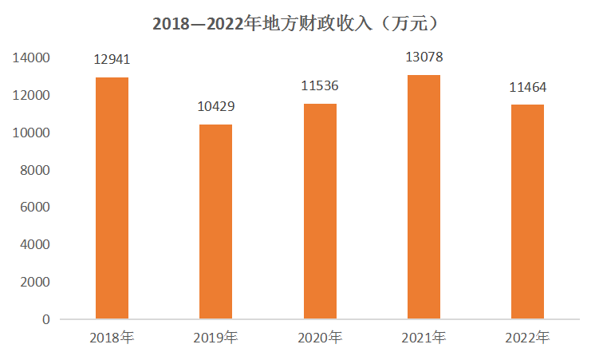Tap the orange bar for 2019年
[x=215, y=221]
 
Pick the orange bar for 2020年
[x=319, y=211]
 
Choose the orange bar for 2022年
[x=527, y=212]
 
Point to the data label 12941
[x=112, y=60]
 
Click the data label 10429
[x=215, y=107]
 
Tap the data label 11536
[x=319, y=86]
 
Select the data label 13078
[x=424, y=57]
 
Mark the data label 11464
[x=527, y=87]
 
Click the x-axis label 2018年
[x=112, y=338]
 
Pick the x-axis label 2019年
[x=215, y=338]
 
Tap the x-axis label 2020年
[x=319, y=338]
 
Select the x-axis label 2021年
[x=424, y=338]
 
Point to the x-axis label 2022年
[x=527, y=338]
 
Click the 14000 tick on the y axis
[x=31, y=58]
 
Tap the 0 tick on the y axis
[x=45, y=319]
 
